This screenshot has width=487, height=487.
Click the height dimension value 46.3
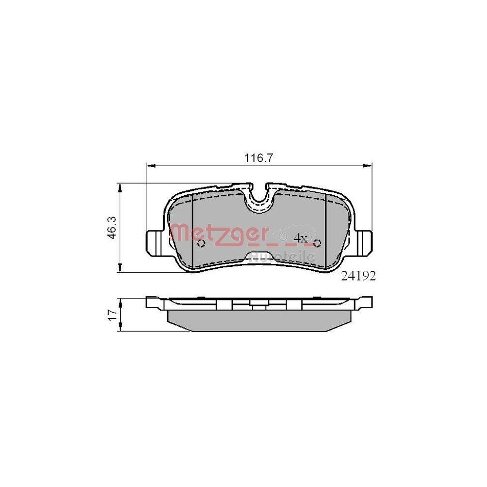pos(112,227)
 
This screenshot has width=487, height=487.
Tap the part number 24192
pos(358,276)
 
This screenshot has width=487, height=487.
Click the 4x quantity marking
pos(300,239)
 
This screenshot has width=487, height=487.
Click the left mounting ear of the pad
pos(154,242)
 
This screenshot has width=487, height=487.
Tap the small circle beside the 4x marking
pos(317,243)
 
